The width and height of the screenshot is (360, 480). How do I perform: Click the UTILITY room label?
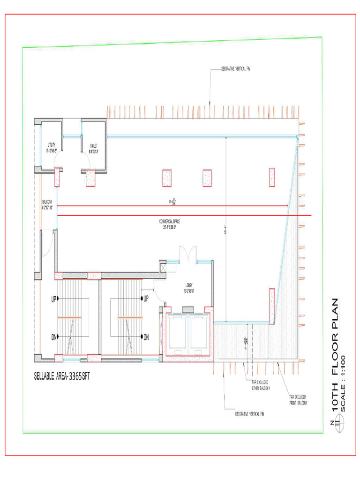(x=51, y=148)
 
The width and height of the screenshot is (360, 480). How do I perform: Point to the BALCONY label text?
(x=47, y=204)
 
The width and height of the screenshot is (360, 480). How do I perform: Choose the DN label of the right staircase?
(x=146, y=337)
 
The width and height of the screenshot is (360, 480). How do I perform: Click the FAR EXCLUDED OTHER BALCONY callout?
(x=262, y=385)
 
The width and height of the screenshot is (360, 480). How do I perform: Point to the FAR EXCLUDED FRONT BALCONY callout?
(x=299, y=400)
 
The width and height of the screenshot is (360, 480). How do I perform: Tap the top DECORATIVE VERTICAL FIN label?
(x=236, y=69)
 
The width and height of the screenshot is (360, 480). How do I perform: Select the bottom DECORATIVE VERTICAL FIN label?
(x=250, y=414)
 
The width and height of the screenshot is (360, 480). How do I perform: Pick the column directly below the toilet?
(x=90, y=177)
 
